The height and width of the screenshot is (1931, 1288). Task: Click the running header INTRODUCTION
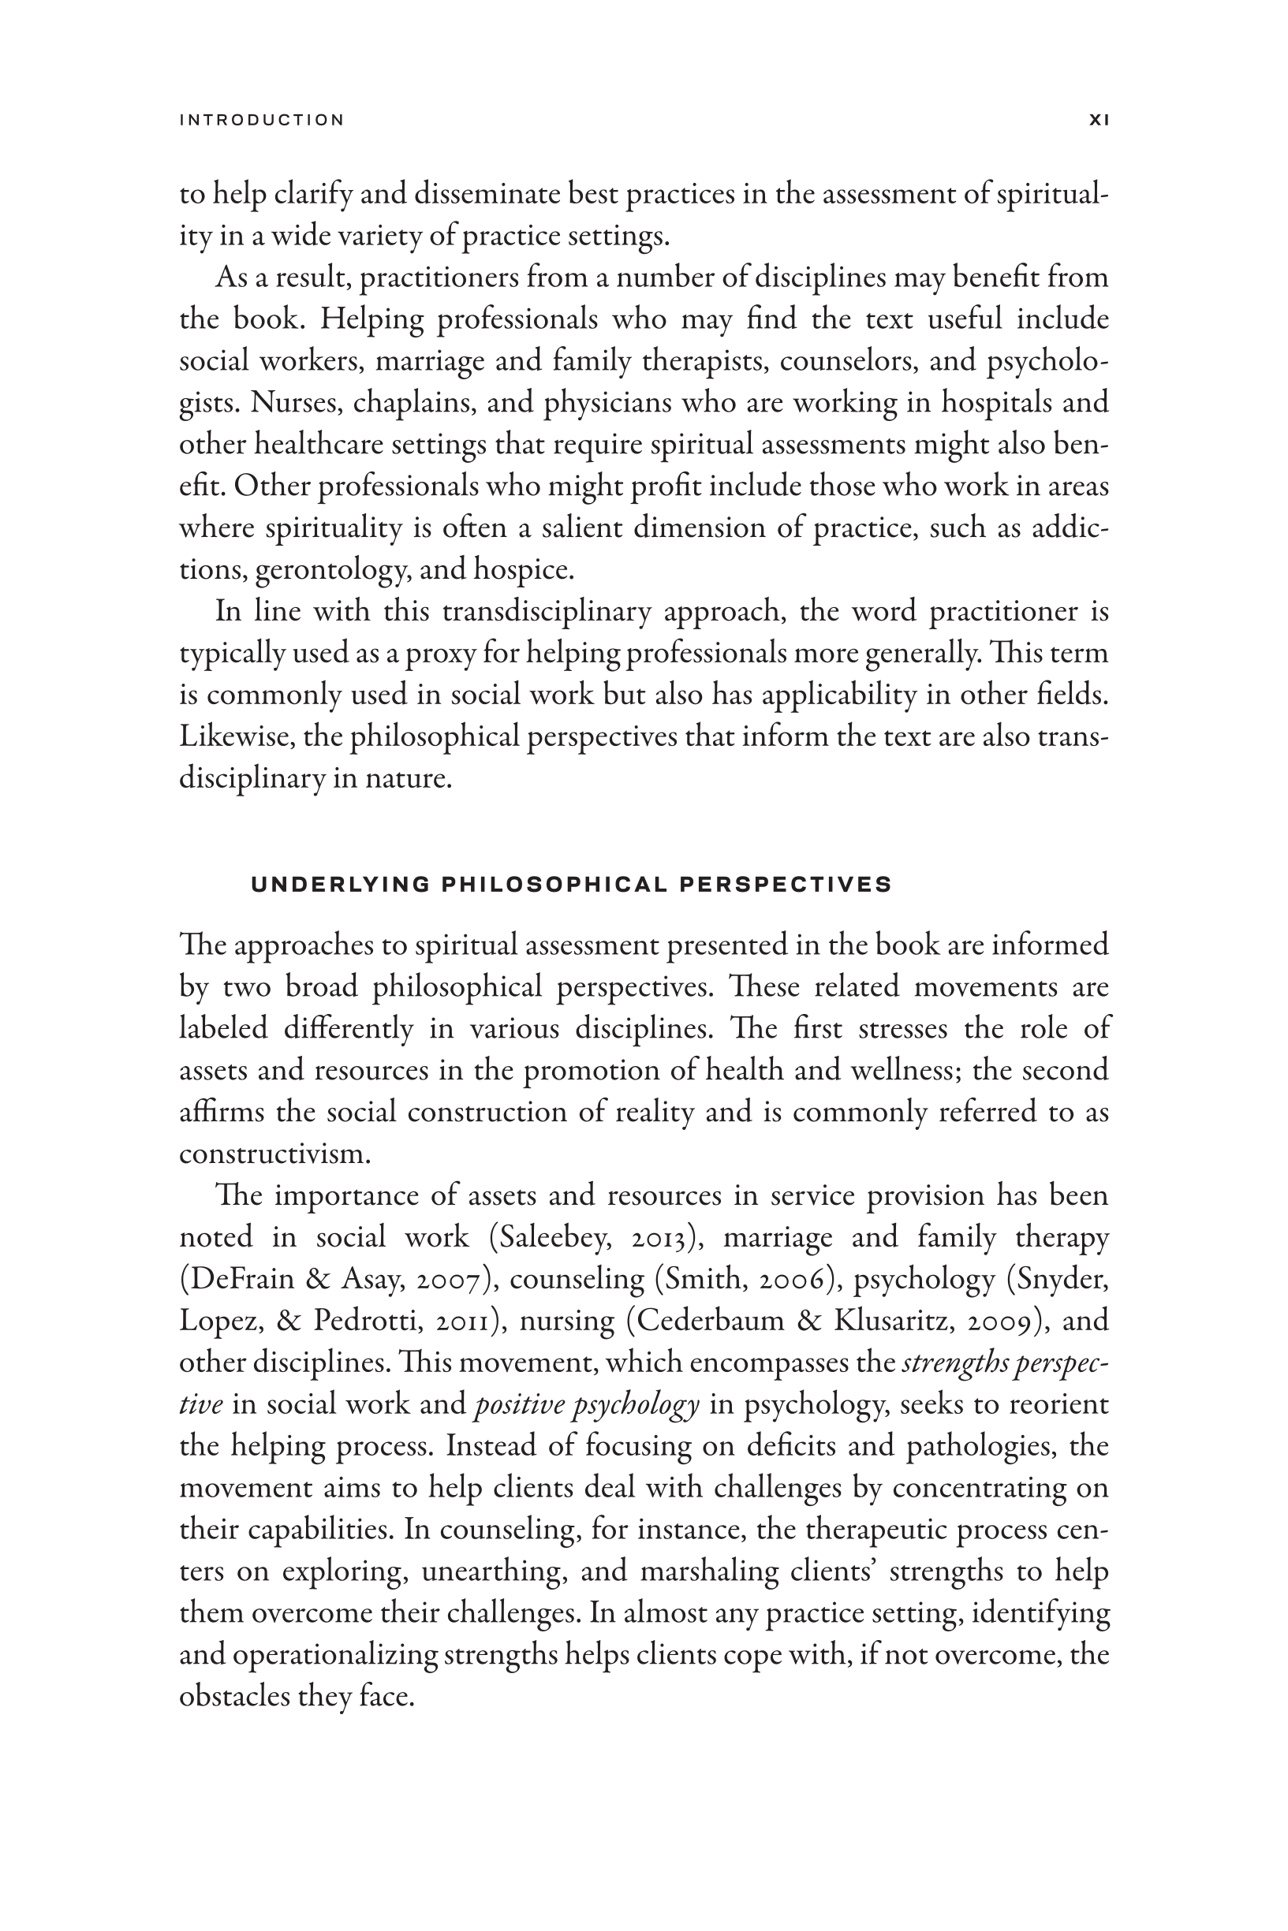pos(261,120)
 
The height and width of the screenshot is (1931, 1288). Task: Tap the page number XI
pos(1098,120)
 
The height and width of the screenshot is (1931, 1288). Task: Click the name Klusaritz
pos(894,1321)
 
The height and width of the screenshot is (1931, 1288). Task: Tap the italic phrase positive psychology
pos(588,1405)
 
